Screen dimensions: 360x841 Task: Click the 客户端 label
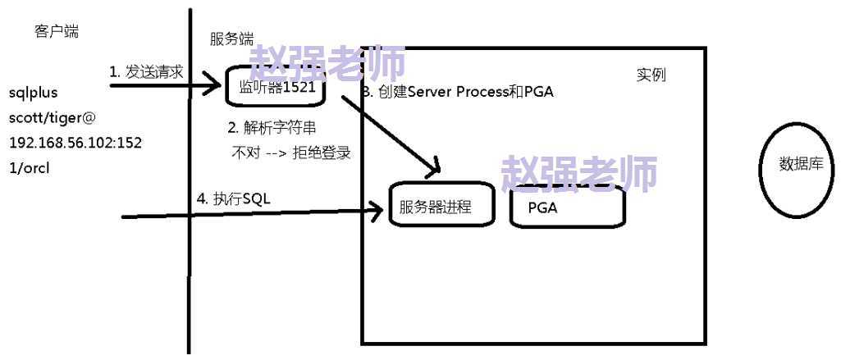click(x=57, y=31)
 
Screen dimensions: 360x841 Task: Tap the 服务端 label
click(x=231, y=39)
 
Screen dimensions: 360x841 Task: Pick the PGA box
click(x=567, y=206)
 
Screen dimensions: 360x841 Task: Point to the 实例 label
click(x=651, y=75)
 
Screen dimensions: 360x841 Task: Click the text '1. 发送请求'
click(x=146, y=71)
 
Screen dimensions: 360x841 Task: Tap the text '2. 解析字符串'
click(x=272, y=128)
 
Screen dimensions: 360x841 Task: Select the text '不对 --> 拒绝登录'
click(x=291, y=153)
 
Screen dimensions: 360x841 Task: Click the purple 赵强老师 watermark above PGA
click(x=579, y=173)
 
